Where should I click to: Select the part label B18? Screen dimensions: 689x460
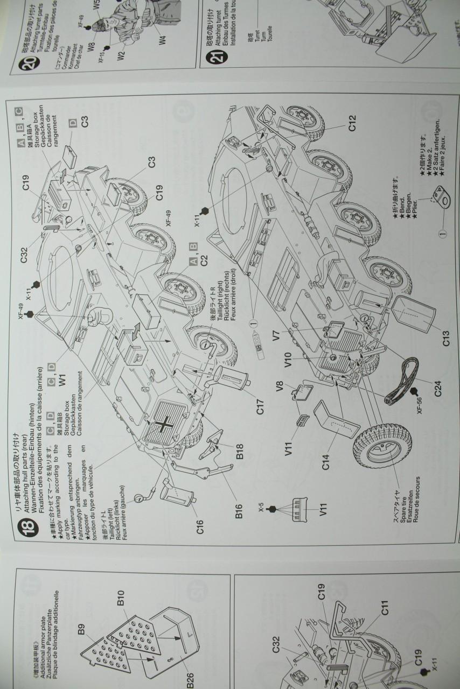click(241, 452)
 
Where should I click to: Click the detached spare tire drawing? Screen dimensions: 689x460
click(382, 452)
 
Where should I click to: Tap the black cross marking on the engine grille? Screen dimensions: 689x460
click(163, 425)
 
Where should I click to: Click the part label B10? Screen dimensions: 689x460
click(121, 600)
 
